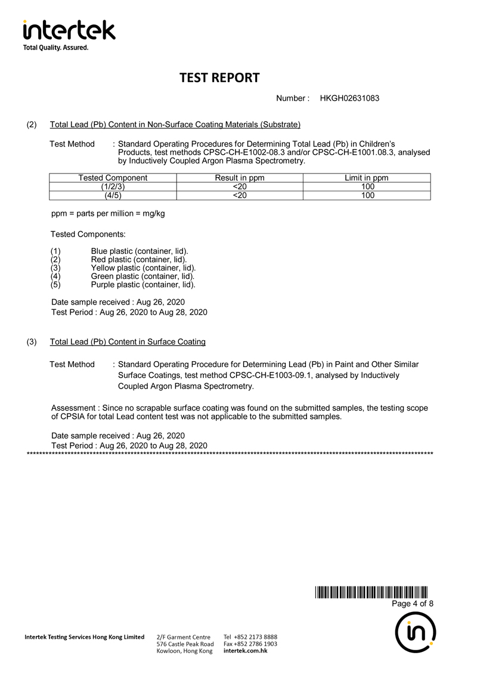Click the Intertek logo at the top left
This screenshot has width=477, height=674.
pyautogui.click(x=69, y=35)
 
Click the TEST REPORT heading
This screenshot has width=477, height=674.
pyautogui.click(x=219, y=77)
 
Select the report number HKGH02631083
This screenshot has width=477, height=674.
pyautogui.click(x=349, y=98)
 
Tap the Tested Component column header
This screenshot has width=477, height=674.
pyautogui.click(x=113, y=178)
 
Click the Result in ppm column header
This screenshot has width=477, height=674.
pyautogui.click(x=239, y=178)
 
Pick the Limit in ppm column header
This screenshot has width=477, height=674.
pyautogui.click(x=367, y=178)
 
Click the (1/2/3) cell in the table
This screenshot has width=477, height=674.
pyautogui.click(x=113, y=187)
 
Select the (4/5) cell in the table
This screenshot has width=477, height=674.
pyautogui.click(x=113, y=195)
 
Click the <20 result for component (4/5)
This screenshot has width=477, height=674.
pyautogui.click(x=239, y=195)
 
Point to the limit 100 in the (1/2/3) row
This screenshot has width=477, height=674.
pyautogui.click(x=367, y=187)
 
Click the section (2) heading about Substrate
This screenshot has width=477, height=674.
pyautogui.click(x=175, y=125)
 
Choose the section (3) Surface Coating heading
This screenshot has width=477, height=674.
pyautogui.click(x=128, y=342)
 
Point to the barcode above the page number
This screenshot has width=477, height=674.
pyautogui.click(x=371, y=592)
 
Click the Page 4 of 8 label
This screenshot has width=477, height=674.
pyautogui.click(x=412, y=604)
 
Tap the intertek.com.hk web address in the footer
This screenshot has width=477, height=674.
pyautogui.click(x=245, y=651)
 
